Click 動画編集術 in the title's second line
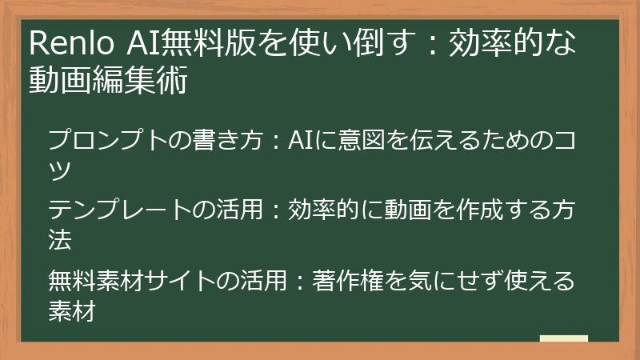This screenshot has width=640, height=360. [108, 81]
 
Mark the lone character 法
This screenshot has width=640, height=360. [61, 239]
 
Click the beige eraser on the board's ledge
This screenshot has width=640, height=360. [563, 339]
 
